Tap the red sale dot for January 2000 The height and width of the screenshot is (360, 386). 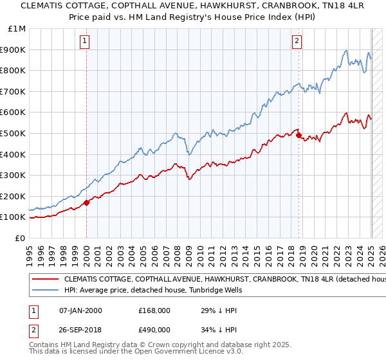coord(86,203)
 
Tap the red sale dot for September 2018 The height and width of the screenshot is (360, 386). coord(299,135)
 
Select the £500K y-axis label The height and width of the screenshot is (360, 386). coord(14,133)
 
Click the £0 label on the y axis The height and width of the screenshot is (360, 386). coord(21,238)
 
